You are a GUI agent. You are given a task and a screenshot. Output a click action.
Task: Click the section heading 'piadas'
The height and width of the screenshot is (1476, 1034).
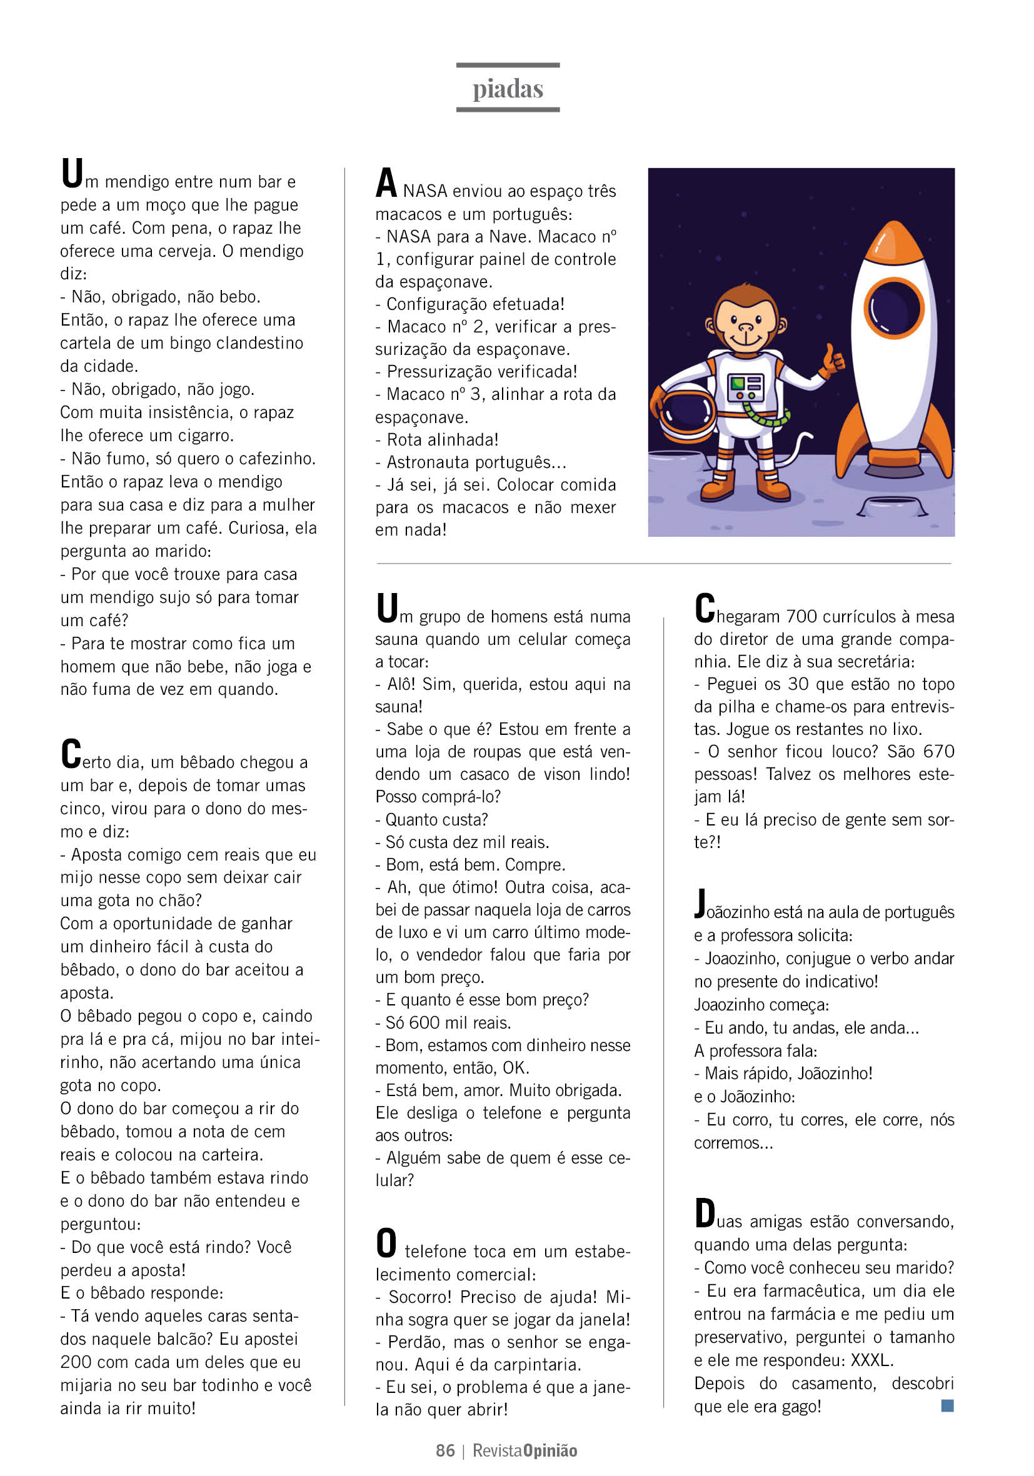click(508, 89)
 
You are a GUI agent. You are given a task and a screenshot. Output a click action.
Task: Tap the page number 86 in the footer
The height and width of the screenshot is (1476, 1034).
click(445, 1450)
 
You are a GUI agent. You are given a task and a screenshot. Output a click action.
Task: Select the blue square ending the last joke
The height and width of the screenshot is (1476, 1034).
click(946, 1406)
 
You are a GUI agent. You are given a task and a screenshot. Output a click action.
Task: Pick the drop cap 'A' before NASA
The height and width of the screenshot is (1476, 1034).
click(386, 183)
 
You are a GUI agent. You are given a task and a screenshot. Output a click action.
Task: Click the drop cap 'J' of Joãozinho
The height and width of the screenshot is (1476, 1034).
click(701, 903)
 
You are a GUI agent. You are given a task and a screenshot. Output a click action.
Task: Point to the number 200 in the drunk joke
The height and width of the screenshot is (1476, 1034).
click(75, 1362)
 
